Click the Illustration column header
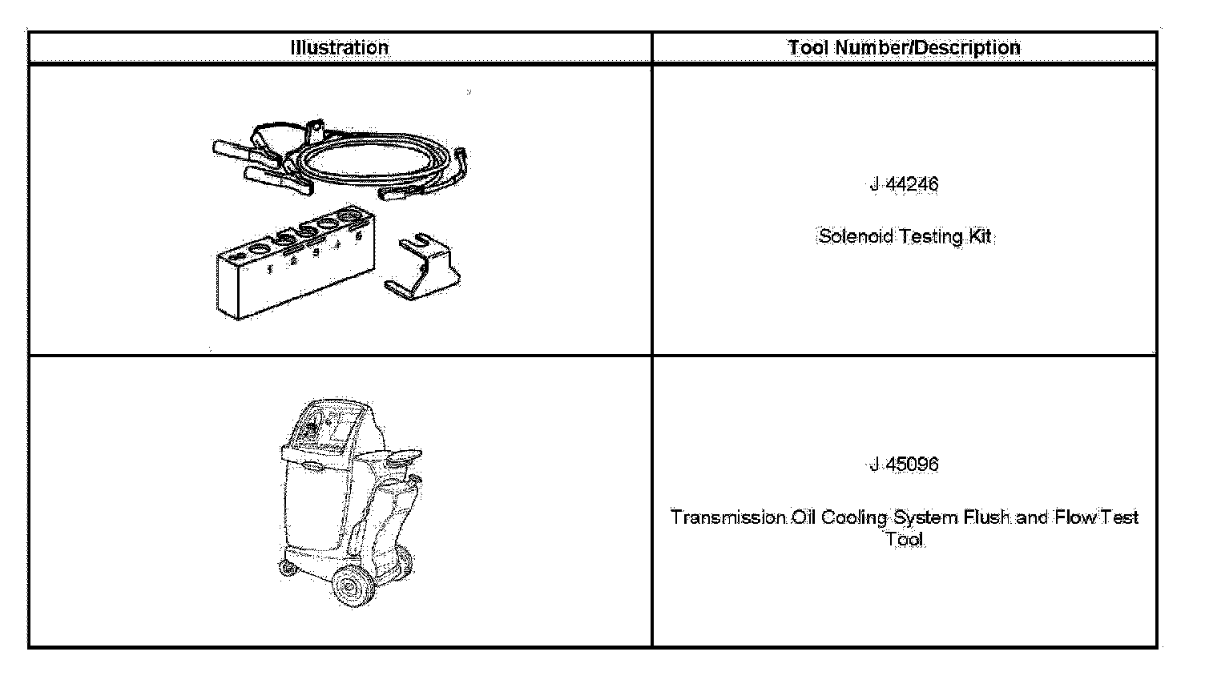tap(340, 47)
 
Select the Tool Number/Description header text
tap(904, 47)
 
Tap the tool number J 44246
tap(904, 184)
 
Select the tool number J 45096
tap(904, 465)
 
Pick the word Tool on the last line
tap(905, 539)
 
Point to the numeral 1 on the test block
tap(270, 269)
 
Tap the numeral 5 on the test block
tap(359, 236)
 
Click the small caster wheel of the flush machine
tap(285, 569)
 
